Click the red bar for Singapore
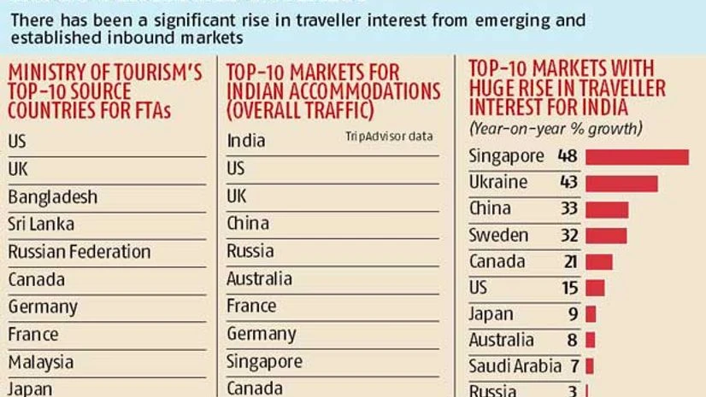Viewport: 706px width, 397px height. [x=637, y=157]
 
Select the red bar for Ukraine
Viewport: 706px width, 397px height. [x=621, y=184]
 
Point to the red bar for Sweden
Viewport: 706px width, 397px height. [x=606, y=236]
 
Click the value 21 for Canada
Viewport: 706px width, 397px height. [x=570, y=262]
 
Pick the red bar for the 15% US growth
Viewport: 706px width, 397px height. [x=595, y=289]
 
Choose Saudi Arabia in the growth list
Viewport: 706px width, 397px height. [x=515, y=366]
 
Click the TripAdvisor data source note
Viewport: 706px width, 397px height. [x=389, y=137]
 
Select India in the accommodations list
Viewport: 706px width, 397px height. [x=246, y=141]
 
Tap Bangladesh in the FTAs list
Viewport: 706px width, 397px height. [x=53, y=197]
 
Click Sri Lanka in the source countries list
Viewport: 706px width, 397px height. [x=41, y=225]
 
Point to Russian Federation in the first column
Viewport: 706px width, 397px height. [x=79, y=252]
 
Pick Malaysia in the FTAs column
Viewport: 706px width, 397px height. [x=41, y=362]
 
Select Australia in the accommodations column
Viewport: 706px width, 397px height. [x=259, y=279]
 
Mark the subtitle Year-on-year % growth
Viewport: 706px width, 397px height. [x=556, y=129]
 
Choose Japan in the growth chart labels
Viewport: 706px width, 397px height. [x=491, y=314]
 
